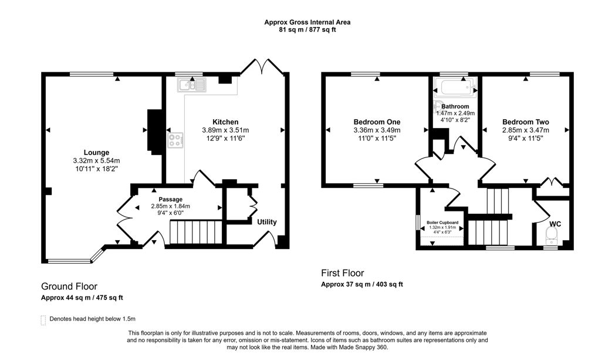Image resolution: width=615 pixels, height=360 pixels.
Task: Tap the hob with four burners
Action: [x=175, y=140]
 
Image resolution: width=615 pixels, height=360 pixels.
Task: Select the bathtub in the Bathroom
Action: [x=454, y=90]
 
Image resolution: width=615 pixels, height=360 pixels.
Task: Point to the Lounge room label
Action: [x=96, y=152]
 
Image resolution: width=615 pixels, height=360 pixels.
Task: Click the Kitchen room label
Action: [x=225, y=122]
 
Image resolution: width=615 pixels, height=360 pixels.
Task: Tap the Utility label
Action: [x=266, y=222]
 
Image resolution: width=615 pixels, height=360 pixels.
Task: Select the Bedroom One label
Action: [x=377, y=122]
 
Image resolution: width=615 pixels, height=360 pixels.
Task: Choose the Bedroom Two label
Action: [x=525, y=122]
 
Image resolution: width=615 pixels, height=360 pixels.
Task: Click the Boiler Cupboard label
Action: [x=442, y=223]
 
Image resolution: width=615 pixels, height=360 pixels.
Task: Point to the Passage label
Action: [x=171, y=199]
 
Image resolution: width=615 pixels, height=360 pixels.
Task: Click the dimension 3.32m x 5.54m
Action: [x=96, y=160]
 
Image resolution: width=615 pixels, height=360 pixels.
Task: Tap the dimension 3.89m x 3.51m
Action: [x=225, y=130]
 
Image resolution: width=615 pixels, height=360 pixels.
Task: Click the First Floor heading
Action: [x=342, y=273]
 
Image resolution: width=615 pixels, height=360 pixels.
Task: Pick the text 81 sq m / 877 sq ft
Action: [x=307, y=29]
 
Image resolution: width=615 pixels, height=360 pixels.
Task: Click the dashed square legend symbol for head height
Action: [x=42, y=319]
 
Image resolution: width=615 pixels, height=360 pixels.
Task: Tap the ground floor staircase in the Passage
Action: [x=193, y=233]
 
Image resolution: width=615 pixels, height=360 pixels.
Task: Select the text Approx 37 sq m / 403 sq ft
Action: [x=361, y=284]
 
